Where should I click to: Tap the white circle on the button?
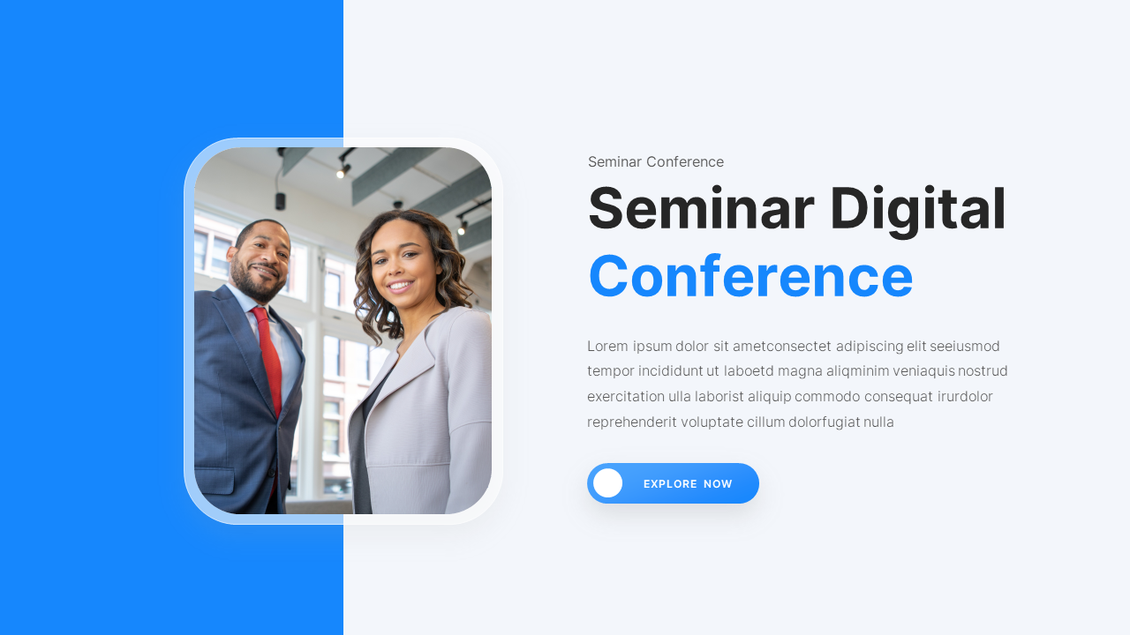[607, 483]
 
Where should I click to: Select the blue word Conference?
[750, 276]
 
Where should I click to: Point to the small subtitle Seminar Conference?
[656, 162]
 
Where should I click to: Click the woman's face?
[398, 260]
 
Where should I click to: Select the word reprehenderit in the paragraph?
[631, 422]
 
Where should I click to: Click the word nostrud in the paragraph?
[983, 370]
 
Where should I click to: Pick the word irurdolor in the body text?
[965, 396]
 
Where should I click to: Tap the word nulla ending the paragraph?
[878, 422]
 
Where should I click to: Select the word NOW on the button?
[718, 484]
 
